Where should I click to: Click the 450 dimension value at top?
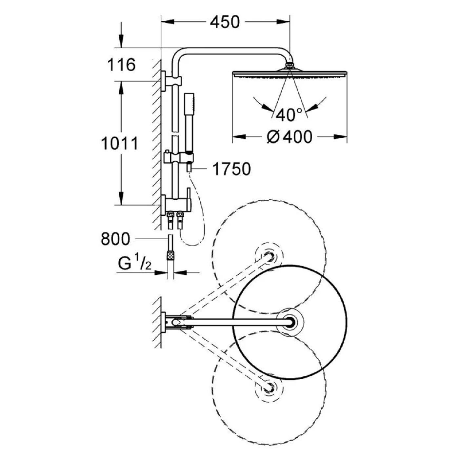(x=225, y=22)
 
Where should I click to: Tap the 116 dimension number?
(x=121, y=65)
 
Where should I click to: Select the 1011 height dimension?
(x=120, y=144)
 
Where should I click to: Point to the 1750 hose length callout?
(x=231, y=169)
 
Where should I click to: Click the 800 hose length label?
(x=115, y=239)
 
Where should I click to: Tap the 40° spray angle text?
(x=289, y=115)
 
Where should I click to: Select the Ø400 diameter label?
(x=289, y=137)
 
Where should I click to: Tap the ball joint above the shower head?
(x=289, y=65)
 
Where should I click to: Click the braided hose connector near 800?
(x=170, y=254)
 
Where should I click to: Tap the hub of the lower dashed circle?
(x=269, y=387)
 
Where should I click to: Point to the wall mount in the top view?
(x=164, y=323)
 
